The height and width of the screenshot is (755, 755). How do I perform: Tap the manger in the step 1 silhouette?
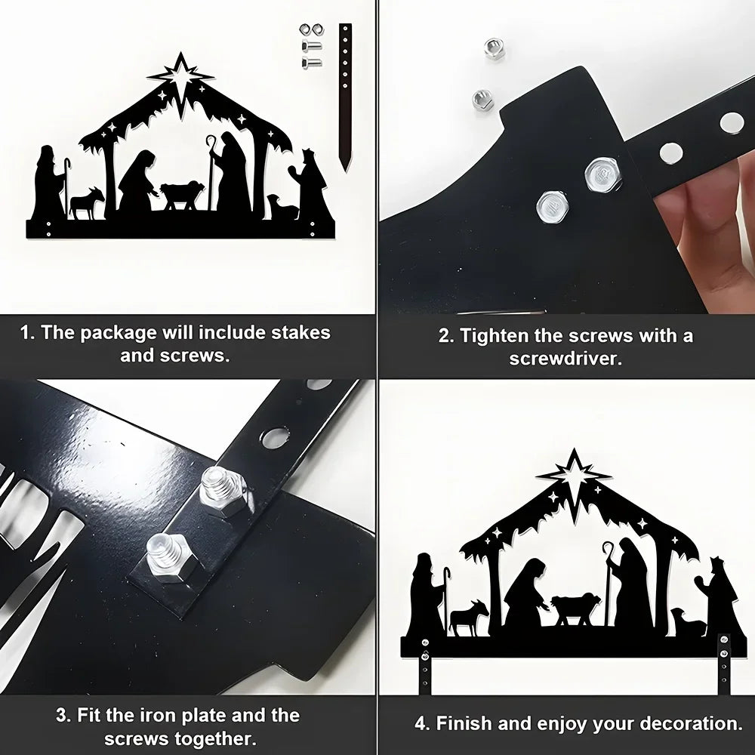(181, 195)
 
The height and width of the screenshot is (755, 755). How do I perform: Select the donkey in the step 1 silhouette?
(87, 202)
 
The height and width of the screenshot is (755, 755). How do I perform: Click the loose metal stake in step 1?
(345, 97)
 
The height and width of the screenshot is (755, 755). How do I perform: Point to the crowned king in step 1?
(313, 188)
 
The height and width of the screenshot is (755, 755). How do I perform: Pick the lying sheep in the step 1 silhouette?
(283, 208)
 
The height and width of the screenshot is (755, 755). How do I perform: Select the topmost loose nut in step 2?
(494, 48)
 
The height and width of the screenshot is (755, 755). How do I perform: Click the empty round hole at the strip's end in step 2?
(732, 123)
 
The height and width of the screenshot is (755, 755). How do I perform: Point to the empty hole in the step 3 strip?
(272, 436)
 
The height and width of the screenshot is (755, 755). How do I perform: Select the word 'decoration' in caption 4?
(691, 723)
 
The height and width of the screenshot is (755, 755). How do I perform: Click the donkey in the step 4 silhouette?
(467, 617)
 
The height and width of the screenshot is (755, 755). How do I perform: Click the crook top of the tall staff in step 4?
(608, 550)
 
